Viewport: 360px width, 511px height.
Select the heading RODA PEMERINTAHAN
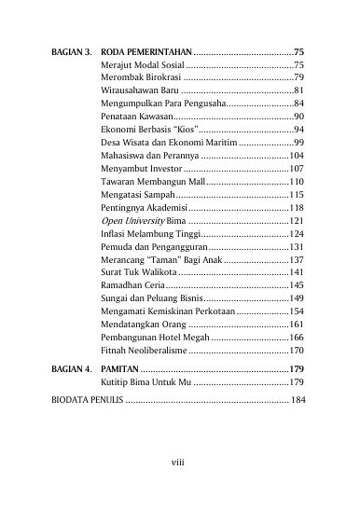(x=145, y=51)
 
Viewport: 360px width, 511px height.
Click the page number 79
(x=298, y=77)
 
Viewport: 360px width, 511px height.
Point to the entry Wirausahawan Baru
(x=138, y=90)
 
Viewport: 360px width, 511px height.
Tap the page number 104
(x=297, y=156)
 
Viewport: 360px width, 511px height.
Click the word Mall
(x=190, y=182)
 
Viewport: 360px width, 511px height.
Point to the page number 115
(x=297, y=195)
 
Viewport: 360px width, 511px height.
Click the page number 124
(x=297, y=234)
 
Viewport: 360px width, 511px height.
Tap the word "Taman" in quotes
(x=161, y=260)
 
